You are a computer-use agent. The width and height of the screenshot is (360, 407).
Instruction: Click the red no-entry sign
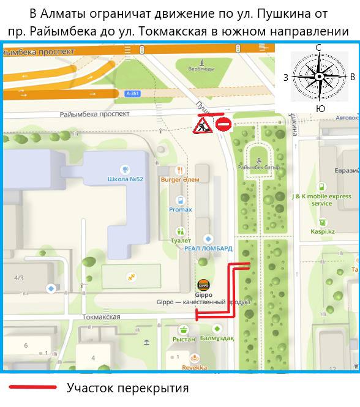223,125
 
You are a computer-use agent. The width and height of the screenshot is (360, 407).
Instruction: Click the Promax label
181,209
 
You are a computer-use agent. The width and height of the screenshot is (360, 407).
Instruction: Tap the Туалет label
181,241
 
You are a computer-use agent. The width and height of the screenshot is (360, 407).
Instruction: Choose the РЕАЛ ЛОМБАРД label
209,248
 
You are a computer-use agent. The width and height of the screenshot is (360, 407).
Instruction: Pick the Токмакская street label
101,317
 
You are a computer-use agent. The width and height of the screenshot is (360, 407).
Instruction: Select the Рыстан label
183,339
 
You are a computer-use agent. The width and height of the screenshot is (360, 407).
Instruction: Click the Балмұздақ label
217,338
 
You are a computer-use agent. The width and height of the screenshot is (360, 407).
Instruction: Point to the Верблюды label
201,69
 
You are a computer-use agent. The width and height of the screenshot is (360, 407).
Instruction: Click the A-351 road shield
132,94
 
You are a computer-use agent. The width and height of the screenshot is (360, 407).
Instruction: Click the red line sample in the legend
33,387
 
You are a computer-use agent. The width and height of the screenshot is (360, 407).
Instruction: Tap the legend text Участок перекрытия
127,388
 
